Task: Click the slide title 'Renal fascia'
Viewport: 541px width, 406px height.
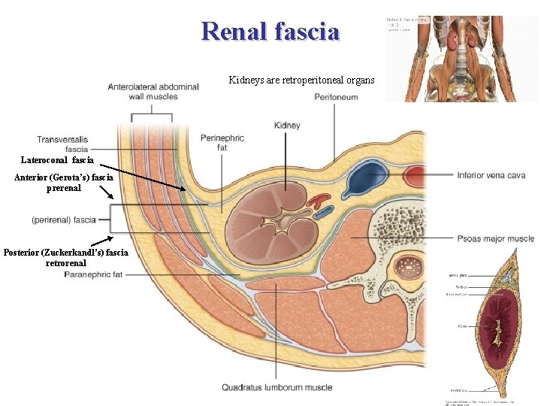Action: click(x=270, y=31)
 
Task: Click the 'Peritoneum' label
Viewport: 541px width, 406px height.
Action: click(x=336, y=97)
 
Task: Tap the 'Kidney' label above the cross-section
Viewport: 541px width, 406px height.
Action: click(x=287, y=125)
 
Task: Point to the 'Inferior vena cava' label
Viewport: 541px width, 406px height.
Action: click(x=491, y=176)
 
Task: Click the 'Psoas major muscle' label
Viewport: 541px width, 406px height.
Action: click(x=495, y=238)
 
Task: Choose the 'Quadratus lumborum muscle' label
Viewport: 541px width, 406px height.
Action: click(x=277, y=387)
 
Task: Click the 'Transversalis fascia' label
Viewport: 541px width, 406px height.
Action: click(x=62, y=144)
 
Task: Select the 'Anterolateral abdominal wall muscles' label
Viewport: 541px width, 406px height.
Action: click(x=153, y=91)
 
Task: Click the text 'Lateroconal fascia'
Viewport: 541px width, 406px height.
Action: click(x=58, y=160)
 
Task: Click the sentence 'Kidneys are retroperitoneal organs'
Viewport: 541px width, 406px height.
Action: click(x=301, y=80)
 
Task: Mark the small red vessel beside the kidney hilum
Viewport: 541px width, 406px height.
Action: click(x=322, y=201)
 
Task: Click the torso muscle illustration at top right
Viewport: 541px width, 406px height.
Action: click(x=461, y=59)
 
